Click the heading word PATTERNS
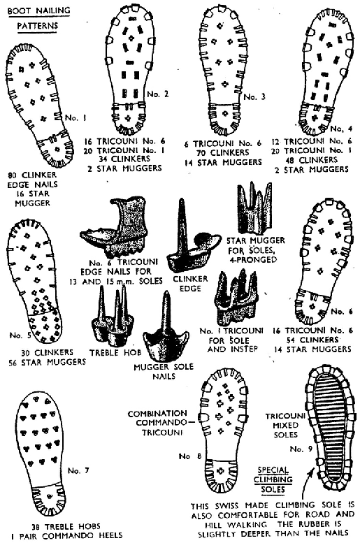[x=38, y=26]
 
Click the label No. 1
[x=75, y=117]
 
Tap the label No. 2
[x=158, y=94]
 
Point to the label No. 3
[x=254, y=96]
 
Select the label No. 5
[x=20, y=335]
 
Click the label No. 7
[x=78, y=470]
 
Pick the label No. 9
[x=301, y=449]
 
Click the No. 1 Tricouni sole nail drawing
[x=238, y=298]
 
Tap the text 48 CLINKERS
[x=311, y=160]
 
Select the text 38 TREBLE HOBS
[x=66, y=526]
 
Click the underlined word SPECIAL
[x=273, y=470]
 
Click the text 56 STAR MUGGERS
[x=47, y=362]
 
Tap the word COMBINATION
[x=157, y=414]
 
